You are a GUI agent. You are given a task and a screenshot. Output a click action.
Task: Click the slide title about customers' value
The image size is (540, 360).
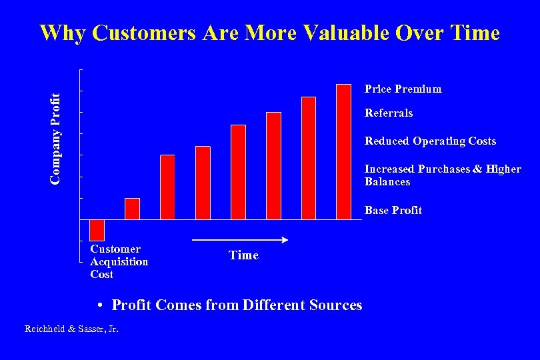(x=269, y=33)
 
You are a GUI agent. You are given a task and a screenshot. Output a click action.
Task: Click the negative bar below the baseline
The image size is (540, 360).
(x=97, y=230)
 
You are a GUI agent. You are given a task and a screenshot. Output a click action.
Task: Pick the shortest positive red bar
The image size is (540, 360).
(x=133, y=209)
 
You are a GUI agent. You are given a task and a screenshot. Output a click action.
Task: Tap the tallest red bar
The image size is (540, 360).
(x=343, y=152)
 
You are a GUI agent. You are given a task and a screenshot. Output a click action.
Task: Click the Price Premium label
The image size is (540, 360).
(x=403, y=89)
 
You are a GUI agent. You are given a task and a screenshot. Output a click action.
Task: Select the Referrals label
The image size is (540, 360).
(x=389, y=113)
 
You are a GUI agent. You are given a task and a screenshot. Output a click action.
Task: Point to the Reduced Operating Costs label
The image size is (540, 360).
(x=430, y=141)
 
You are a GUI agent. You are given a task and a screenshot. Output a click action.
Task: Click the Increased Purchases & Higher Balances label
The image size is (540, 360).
(x=442, y=175)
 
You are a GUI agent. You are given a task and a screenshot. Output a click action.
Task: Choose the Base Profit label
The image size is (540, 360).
(x=393, y=210)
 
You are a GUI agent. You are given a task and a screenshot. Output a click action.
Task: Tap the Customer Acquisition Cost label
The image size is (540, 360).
(x=119, y=261)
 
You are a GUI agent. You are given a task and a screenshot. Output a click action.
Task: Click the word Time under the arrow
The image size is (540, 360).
(x=243, y=255)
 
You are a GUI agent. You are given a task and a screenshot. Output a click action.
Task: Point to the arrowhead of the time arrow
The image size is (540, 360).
(x=284, y=240)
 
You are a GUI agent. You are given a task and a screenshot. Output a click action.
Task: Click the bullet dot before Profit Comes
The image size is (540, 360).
(x=98, y=306)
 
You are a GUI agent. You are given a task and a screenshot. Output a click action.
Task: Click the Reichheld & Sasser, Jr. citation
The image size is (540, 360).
(x=71, y=329)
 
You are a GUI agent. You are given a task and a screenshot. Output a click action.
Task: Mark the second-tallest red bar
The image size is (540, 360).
(x=309, y=158)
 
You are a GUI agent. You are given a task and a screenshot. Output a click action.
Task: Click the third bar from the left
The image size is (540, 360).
(x=167, y=187)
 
